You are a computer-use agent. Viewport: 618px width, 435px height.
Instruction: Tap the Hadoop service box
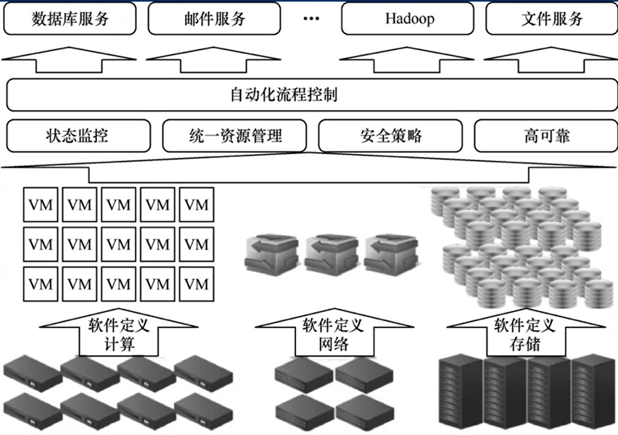pyautogui.click(x=409, y=19)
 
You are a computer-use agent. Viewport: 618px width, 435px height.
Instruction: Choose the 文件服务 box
pyautogui.click(x=551, y=19)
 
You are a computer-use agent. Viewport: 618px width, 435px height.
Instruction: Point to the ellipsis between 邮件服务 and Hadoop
pyautogui.click(x=312, y=19)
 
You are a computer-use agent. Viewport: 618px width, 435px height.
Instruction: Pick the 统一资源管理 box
pyautogui.click(x=235, y=136)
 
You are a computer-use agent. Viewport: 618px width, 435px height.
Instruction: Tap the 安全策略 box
pyautogui.click(x=391, y=136)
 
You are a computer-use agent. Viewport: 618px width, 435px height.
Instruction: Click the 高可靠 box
pyautogui.click(x=546, y=136)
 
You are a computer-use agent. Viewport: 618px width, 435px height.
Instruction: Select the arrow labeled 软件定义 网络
pyautogui.click(x=333, y=335)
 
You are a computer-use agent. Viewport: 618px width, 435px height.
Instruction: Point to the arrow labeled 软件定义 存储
pyautogui.click(x=525, y=335)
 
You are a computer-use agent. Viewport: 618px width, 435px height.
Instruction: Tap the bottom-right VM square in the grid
pyautogui.click(x=197, y=284)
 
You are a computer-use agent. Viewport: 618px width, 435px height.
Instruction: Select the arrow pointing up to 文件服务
pyautogui.click(x=550, y=62)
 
